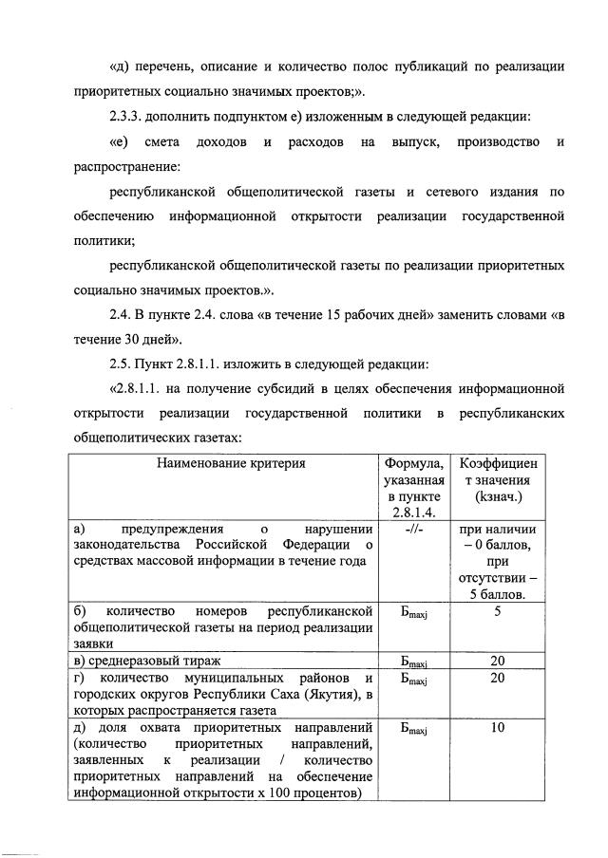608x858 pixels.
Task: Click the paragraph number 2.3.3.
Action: pyautogui.click(x=129, y=117)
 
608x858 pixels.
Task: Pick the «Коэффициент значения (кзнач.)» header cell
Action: pyautogui.click(x=499, y=479)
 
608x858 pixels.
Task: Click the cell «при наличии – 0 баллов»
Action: pyautogui.click(x=499, y=538)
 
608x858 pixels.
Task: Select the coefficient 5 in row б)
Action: pyautogui.click(x=498, y=611)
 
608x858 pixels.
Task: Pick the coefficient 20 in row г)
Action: pyautogui.click(x=498, y=680)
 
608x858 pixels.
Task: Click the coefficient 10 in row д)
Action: pyautogui.click(x=498, y=729)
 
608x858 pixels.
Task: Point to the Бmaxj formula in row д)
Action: pyautogui.click(x=413, y=730)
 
